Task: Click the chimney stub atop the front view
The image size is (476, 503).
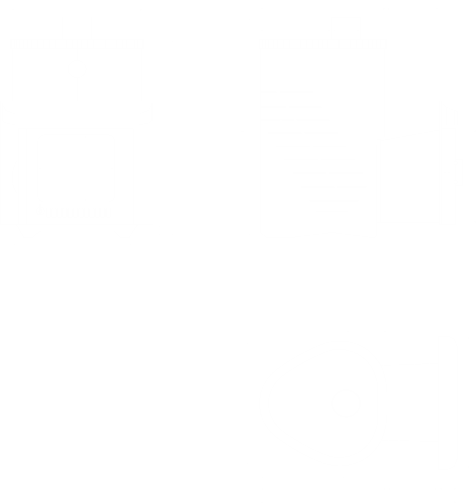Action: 77,28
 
